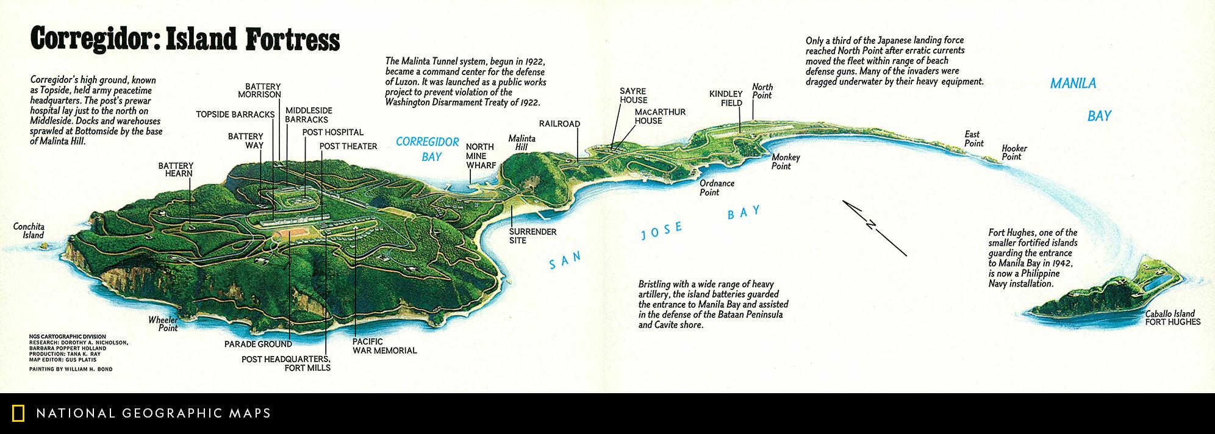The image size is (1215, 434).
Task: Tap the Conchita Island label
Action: [x=29, y=231]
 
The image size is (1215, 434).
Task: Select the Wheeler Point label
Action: [x=163, y=324]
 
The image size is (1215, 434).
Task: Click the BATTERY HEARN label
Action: [x=176, y=169]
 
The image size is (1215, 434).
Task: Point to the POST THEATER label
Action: [x=348, y=146]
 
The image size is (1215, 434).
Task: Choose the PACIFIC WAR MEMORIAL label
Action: [x=384, y=346]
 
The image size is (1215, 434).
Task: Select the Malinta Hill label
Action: [x=522, y=143]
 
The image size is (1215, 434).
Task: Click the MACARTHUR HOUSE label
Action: [x=660, y=116]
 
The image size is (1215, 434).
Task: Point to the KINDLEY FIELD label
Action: [x=726, y=98]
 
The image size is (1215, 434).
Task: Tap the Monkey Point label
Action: [x=786, y=162]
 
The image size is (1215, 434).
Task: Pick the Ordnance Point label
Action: [x=717, y=187]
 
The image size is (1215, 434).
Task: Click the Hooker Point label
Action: [x=1014, y=152]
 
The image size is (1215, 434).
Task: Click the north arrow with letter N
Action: [x=873, y=227]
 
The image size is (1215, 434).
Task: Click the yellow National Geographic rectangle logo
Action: [x=18, y=413]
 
